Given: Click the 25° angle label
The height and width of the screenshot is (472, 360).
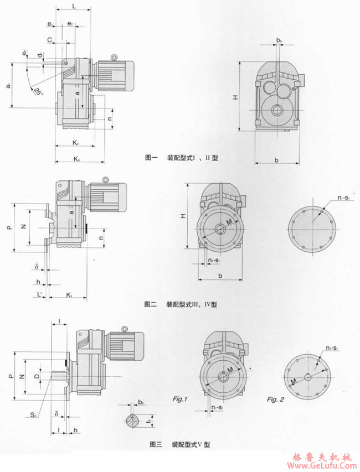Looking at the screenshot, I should [x=37, y=91].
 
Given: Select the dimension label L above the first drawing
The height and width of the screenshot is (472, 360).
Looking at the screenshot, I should [x=74, y=6].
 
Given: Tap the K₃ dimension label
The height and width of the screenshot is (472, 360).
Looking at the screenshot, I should [x=76, y=160].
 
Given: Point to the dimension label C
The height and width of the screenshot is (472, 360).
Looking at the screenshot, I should [x=50, y=40].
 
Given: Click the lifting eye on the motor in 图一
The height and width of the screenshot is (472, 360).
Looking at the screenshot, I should [x=114, y=57].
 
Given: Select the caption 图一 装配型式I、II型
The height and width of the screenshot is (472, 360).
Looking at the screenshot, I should [x=181, y=158].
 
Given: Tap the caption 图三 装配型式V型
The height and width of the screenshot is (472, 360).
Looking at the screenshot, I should [x=180, y=444].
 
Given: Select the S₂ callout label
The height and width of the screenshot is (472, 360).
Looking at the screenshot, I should [x=34, y=413].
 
